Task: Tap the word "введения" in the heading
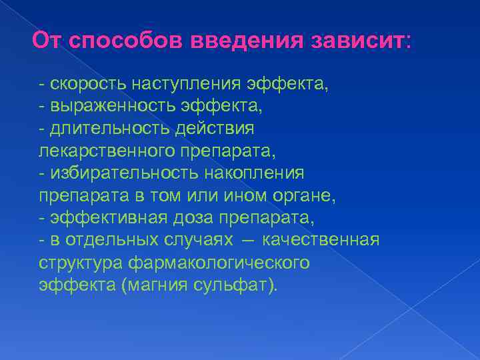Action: point(245,42)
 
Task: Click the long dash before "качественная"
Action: point(248,241)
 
